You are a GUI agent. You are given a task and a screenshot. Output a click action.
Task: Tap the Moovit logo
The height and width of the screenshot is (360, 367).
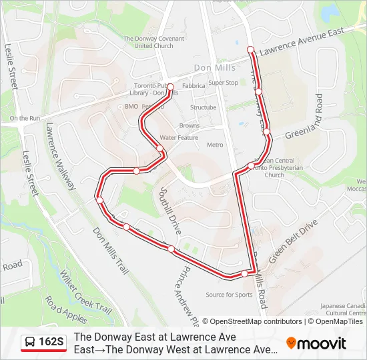tap(316, 343)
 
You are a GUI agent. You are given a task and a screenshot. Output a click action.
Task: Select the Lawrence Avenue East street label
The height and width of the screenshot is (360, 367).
tap(302, 41)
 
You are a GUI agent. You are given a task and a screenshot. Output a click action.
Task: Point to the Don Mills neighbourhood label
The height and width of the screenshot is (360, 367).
tap(211, 68)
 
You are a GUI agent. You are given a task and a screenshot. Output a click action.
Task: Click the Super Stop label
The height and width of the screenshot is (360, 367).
tap(223, 83)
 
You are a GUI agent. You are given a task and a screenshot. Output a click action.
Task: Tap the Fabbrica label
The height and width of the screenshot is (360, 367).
tap(194, 86)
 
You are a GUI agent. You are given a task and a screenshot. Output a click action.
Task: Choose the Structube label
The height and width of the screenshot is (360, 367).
tap(203, 107)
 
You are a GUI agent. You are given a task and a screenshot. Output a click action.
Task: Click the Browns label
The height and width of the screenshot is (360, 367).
tap(190, 125)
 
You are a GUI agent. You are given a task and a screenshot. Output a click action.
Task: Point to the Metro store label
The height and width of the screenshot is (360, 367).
tap(215, 145)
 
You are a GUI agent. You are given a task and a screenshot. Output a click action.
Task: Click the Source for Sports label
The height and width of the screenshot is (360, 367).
tap(229, 295)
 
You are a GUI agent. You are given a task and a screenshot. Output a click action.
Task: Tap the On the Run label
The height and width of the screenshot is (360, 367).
tap(25, 118)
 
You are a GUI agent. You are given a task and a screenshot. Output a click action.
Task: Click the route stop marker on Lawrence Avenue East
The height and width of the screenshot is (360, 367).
tap(250, 49)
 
